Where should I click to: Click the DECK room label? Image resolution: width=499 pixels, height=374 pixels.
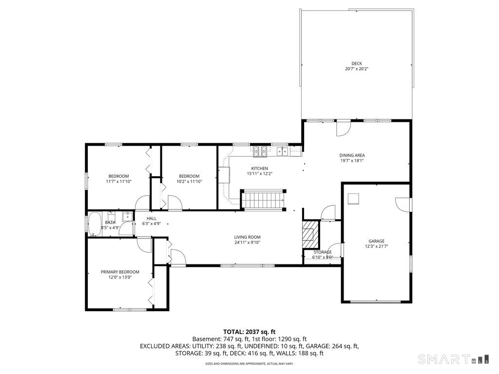pyautogui.click(x=356, y=64)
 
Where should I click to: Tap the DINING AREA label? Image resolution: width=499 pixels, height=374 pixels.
pyautogui.click(x=352, y=155)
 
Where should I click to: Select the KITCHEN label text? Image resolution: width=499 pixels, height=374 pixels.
pyautogui.click(x=259, y=168)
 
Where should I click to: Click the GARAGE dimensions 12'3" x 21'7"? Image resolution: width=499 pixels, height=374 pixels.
pyautogui.click(x=377, y=246)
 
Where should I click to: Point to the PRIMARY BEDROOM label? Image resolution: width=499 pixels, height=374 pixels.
pyautogui.click(x=120, y=272)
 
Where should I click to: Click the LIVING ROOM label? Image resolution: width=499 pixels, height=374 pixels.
pyautogui.click(x=247, y=237)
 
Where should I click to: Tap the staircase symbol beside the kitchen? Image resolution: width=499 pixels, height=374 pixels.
pyautogui.click(x=264, y=200)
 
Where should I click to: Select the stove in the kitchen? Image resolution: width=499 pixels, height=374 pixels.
pyautogui.click(x=260, y=151)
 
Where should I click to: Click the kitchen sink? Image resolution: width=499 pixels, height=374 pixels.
pyautogui.click(x=282, y=151)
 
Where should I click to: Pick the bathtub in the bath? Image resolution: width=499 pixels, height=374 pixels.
pyautogui.click(x=95, y=224)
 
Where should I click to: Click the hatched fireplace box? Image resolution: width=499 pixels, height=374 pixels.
pyautogui.click(x=310, y=234)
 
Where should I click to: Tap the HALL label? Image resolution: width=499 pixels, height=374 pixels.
pyautogui.click(x=152, y=219)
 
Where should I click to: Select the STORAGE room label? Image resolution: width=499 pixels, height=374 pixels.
pyautogui.click(x=323, y=252)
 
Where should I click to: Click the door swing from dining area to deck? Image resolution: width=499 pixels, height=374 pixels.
pyautogui.click(x=344, y=129)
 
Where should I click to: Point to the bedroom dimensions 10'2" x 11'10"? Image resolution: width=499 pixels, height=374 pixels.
pyautogui.click(x=189, y=182)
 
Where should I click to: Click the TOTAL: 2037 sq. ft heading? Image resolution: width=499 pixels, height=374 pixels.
pyautogui.click(x=249, y=332)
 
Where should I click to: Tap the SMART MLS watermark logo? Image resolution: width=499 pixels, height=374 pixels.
pyautogui.click(x=453, y=359)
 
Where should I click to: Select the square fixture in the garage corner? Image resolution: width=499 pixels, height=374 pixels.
pyautogui.click(x=353, y=199)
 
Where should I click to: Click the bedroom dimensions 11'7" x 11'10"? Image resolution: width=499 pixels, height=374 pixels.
pyautogui.click(x=119, y=182)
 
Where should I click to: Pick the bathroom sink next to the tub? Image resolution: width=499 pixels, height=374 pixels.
pyautogui.click(x=128, y=216)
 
